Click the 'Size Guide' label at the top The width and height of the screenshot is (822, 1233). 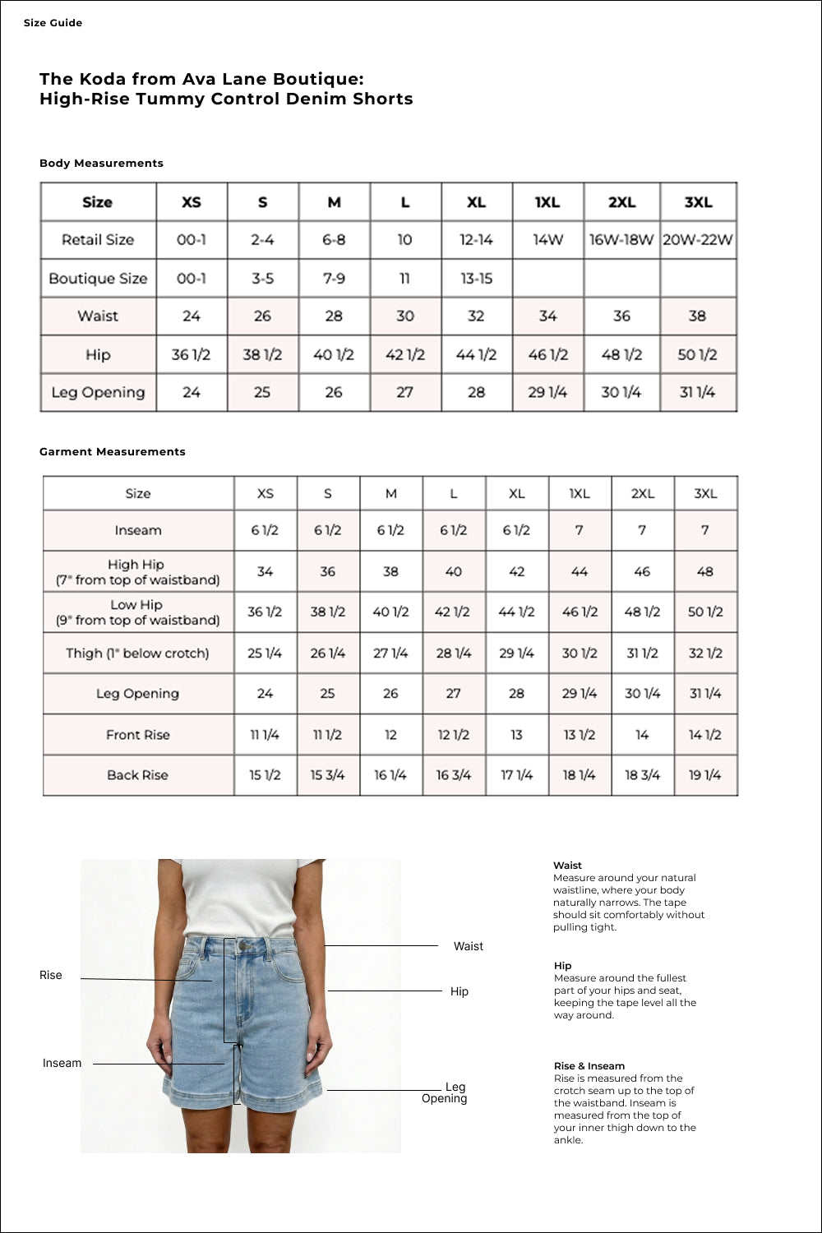[x=53, y=23]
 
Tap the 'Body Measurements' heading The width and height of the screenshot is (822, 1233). [x=101, y=164]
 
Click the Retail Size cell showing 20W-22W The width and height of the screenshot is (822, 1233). [x=697, y=240]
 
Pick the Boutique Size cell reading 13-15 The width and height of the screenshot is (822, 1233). [x=476, y=279]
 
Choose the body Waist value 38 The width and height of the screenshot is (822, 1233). [x=697, y=316]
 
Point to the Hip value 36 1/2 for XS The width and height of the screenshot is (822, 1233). [x=191, y=355]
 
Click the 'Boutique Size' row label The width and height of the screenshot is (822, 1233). [x=98, y=279]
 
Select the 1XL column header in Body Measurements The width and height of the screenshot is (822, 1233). [x=547, y=202]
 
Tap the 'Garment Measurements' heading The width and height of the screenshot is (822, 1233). [x=113, y=452]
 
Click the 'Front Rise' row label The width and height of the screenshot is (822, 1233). [x=137, y=735]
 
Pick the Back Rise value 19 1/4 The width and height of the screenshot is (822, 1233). [x=704, y=775]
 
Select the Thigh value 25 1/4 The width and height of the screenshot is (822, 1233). [x=265, y=653]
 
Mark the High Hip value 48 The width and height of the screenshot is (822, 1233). [x=704, y=571]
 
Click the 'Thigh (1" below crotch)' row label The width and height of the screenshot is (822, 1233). [x=137, y=653]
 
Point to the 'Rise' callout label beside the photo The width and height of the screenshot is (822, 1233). [x=51, y=976]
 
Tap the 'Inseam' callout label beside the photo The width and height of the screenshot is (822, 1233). [x=62, y=1064]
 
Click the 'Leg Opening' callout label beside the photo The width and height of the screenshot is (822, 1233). [x=445, y=1093]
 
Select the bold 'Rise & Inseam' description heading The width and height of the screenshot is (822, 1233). [x=589, y=1066]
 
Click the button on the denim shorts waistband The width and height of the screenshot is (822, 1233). [x=243, y=947]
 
